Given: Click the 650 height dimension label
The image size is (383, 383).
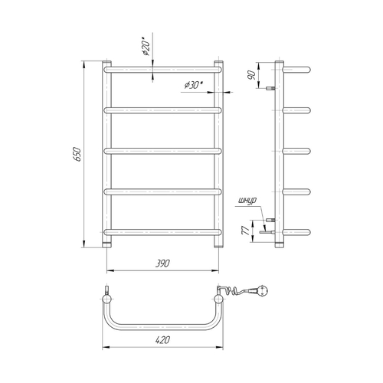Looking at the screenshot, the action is (x=77, y=154).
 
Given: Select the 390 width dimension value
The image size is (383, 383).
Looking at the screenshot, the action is (x=162, y=264).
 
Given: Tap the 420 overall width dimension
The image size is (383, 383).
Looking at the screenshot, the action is (x=162, y=340).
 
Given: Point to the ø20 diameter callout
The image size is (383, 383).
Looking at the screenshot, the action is (x=146, y=47).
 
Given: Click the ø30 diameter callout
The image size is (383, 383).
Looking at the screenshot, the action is (x=193, y=85).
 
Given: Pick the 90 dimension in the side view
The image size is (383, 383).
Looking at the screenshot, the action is (x=252, y=75).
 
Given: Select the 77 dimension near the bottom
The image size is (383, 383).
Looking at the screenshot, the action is (x=246, y=231).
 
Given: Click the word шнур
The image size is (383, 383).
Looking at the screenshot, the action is (x=247, y=201).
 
